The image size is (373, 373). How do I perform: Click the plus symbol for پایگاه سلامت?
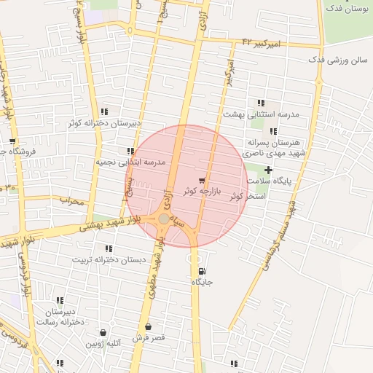click(x=268, y=169)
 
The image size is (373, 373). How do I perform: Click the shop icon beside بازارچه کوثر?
click(x=202, y=180)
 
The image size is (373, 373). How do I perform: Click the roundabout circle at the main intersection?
click(x=164, y=219)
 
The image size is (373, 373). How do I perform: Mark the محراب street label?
click(x=71, y=200)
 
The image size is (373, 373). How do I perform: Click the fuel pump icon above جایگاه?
click(x=201, y=271)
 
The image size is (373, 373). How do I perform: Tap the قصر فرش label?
click(x=149, y=338)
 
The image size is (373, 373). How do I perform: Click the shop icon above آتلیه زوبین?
click(x=102, y=332)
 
